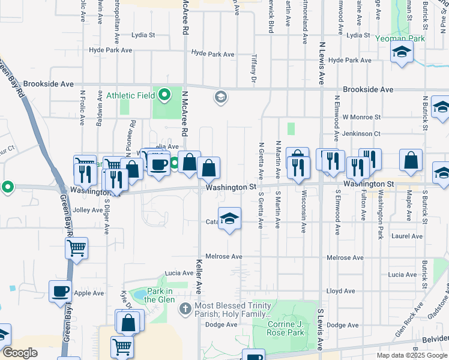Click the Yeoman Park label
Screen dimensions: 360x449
400,38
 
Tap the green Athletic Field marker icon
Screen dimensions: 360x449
164,95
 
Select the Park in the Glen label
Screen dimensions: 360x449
159,295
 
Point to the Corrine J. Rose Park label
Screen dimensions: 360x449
281,328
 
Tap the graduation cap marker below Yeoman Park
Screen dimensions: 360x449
402,53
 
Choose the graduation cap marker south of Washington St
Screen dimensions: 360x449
229,219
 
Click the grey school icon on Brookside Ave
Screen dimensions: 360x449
220,97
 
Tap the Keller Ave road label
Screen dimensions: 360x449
199,277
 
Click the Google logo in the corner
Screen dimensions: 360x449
20,353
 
